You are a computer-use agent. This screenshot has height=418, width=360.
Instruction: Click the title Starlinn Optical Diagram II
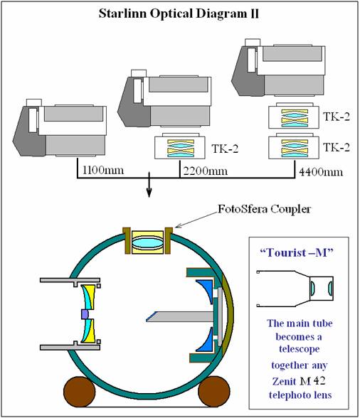pos(179,14)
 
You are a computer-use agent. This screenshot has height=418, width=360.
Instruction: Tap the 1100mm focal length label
pos(103,169)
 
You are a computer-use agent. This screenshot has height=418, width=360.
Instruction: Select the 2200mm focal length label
pos(205,171)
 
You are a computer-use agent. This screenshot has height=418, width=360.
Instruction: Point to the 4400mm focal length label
pos(321,172)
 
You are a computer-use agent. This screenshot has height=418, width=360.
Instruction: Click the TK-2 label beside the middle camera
pos(225,149)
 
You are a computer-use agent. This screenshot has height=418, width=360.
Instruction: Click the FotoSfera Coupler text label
pos(264,209)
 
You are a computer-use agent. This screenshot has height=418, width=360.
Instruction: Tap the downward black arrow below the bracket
pos(149,185)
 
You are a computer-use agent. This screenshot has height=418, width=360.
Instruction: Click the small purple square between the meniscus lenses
pos(85,314)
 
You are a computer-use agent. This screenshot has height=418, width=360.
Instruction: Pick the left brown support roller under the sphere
pos(79,391)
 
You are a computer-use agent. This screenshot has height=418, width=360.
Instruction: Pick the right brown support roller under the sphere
pos(214,391)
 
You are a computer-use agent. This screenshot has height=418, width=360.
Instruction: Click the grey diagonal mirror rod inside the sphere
pos(180,316)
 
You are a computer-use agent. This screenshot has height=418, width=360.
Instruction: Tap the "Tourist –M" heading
pos(297,252)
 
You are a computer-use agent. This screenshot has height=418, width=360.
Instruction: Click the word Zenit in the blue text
pos(284,382)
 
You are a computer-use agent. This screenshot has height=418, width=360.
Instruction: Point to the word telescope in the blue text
pos(299,348)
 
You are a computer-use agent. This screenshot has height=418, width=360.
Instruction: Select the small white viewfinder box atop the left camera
pos(34,102)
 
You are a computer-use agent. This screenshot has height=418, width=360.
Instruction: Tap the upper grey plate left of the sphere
pos(70,281)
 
